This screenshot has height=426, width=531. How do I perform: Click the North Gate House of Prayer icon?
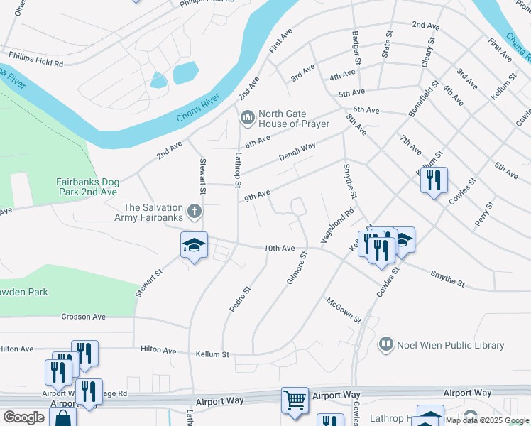point(248,116)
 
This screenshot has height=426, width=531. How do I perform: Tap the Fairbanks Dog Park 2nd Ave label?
point(87,187)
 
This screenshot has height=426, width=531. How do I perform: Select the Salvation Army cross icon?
point(194,211)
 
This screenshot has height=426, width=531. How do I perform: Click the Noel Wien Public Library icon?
point(386,345)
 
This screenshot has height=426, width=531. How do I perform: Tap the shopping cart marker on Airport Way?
point(295,400)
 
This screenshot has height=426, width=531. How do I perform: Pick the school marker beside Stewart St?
point(194,245)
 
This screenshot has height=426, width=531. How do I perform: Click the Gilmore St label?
point(297,268)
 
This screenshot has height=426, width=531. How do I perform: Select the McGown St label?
point(344,310)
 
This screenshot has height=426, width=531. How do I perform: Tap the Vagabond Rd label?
point(337,226)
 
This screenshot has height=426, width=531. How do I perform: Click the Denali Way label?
point(297,151)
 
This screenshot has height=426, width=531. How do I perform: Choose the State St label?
point(388,44)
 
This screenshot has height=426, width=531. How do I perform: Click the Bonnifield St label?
point(425,99)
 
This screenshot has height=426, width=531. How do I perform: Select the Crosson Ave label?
point(83,317)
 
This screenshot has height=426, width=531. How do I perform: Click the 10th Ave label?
point(279,248)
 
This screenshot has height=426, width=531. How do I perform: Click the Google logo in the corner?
point(23,417)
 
